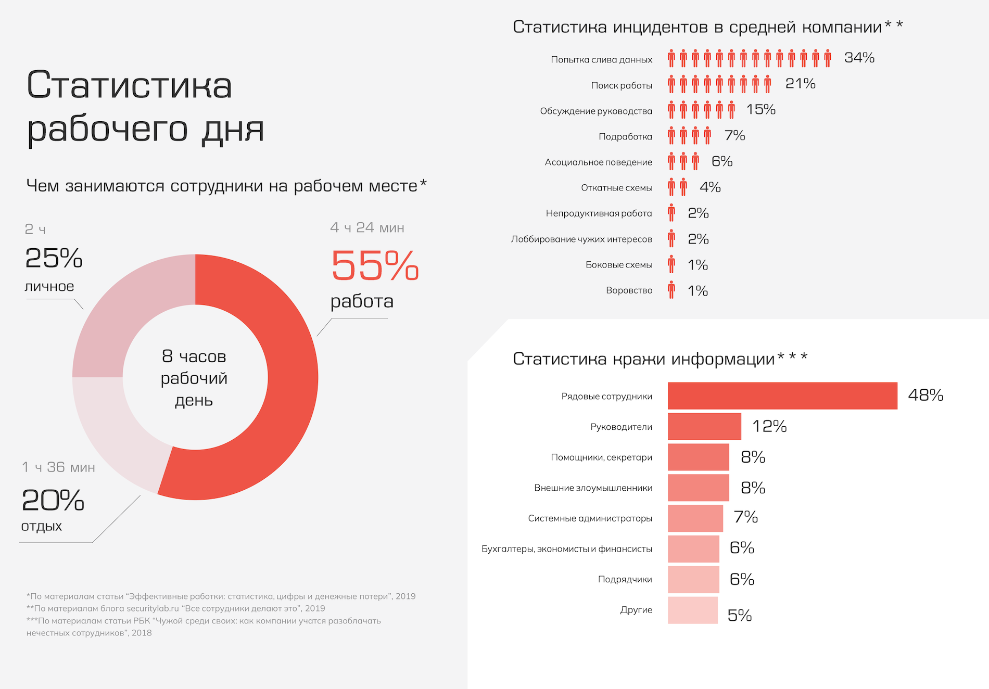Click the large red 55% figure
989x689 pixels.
pos(375,265)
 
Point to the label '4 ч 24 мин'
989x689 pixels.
pos(367,228)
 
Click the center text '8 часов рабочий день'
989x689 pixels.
pos(194,378)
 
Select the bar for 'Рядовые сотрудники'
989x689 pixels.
pos(782,396)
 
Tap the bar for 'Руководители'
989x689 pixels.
pos(704,427)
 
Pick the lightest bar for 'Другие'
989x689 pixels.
pos(692,610)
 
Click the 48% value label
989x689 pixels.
pos(925,395)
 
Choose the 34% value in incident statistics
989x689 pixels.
pos(859,58)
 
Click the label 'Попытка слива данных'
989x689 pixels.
pos(601,60)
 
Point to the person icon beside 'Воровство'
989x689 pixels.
pos(671,290)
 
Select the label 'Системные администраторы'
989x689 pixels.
pos(590,518)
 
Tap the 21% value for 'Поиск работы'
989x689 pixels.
pos(800,84)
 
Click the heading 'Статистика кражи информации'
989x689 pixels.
pos(644,359)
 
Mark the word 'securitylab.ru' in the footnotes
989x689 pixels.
pos(153,608)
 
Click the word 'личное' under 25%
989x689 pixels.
pos(49,287)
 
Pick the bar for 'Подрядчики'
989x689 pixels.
pos(693,580)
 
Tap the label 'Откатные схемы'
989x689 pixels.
pos(616,188)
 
